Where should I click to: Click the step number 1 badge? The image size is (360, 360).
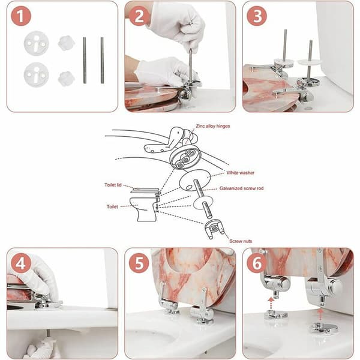click(21, 16)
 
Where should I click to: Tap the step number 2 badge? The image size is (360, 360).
click(139, 16)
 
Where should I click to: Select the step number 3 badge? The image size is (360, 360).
click(257, 16)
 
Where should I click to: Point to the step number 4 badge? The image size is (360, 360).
click(21, 263)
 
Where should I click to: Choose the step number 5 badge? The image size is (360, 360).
click(139, 263)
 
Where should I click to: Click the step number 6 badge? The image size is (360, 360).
click(257, 263)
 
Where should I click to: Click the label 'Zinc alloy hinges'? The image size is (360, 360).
click(213, 126)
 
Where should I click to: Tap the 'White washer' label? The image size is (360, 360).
click(241, 173)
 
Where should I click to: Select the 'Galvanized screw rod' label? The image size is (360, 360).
click(241, 188)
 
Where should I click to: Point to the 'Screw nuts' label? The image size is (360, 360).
click(241, 241)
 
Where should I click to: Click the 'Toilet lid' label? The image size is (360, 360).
click(113, 185)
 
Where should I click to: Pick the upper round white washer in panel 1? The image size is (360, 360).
click(36, 43)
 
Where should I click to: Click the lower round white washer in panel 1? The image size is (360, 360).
click(36, 75)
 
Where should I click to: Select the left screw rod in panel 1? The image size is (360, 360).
click(85, 60)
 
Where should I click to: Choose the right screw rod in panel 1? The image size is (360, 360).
click(102, 60)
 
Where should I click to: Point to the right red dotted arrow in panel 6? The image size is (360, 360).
click(320, 314)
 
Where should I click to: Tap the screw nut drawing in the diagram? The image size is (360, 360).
click(214, 229)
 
